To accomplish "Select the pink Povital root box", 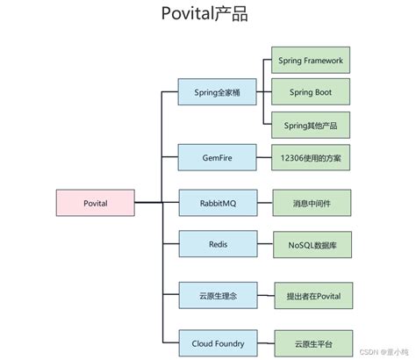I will (x=95, y=204).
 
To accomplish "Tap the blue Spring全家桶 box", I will (x=218, y=91).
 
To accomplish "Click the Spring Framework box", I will (x=311, y=61).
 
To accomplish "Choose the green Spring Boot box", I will (x=311, y=91).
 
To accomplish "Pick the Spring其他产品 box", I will (x=311, y=123).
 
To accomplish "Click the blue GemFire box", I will (x=218, y=158).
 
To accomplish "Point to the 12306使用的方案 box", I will (x=311, y=158).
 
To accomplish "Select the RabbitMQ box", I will (x=218, y=204).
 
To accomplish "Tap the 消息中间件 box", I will (x=312, y=204).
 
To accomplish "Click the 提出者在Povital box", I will (x=312, y=297).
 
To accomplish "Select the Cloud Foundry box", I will (x=218, y=343).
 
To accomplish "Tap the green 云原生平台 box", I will (x=312, y=343).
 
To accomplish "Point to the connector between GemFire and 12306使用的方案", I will (x=263, y=158).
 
